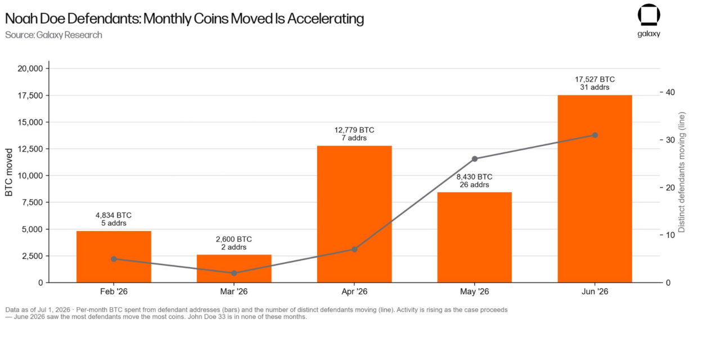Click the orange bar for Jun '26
coord(595,188)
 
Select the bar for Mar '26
coord(234,269)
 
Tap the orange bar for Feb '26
coord(114,257)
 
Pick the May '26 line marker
coord(475,159)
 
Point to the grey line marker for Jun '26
coord(595,136)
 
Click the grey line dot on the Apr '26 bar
coord(354,249)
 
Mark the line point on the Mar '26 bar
coord(234,273)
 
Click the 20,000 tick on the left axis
coord(30,69)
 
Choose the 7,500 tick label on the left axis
coord(33,202)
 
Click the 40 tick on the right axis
coord(670,92)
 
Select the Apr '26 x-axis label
coord(354,291)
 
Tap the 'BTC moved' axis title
coord(8,172)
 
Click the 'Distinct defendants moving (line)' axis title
coord(681,172)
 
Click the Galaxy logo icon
coord(649,15)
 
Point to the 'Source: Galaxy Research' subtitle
coord(53,35)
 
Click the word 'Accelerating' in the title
coord(326,19)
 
